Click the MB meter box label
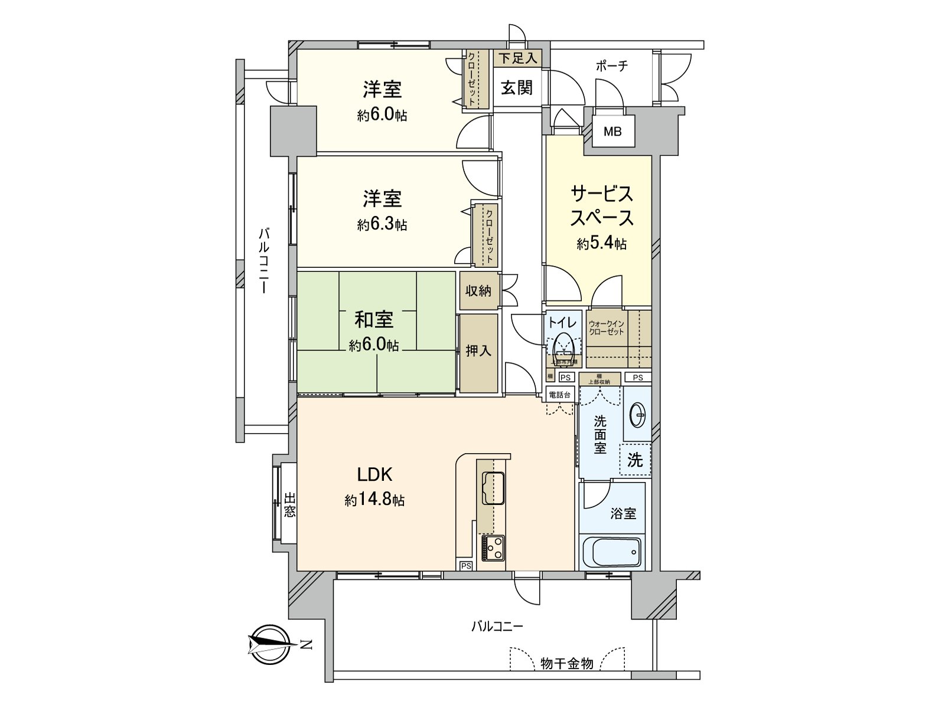(x=612, y=132)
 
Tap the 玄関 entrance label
(x=517, y=88)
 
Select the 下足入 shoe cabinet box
(x=517, y=58)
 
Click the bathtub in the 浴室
(x=612, y=552)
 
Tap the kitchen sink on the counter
(x=493, y=488)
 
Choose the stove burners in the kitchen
(x=493, y=548)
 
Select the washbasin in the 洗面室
(x=638, y=415)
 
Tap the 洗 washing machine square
(x=635, y=460)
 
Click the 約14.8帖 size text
(x=374, y=500)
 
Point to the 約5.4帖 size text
(x=601, y=243)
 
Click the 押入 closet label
(x=478, y=350)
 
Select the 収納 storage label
(x=478, y=290)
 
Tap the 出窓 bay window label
(x=289, y=504)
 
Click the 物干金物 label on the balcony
(x=566, y=664)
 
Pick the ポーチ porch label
(x=611, y=66)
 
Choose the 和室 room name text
(x=374, y=320)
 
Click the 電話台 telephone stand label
(x=559, y=395)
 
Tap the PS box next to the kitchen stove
(x=466, y=566)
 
